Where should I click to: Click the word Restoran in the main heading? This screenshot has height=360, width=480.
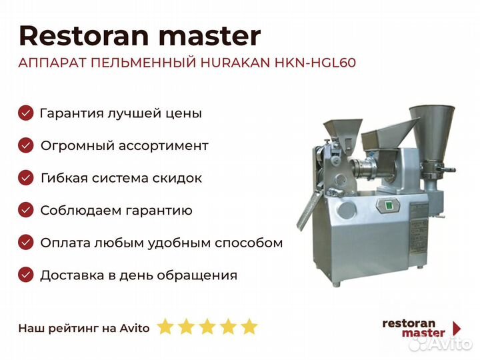83,36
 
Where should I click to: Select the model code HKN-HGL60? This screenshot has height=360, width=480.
315,63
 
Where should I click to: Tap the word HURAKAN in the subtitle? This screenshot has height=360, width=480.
235,63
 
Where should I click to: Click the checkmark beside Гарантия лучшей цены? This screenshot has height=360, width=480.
26,113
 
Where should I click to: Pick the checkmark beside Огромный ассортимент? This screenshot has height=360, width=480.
26,145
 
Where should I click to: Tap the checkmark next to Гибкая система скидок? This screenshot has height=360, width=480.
26,178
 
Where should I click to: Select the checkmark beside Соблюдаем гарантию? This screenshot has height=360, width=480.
26,210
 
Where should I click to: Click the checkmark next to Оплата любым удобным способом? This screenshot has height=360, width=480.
26,243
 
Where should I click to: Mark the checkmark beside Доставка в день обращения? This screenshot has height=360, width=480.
26,275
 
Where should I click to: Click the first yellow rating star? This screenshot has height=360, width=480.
165,327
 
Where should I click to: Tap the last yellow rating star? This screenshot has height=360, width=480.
249,327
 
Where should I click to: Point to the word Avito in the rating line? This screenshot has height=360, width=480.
135,328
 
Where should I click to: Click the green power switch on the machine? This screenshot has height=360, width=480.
389,205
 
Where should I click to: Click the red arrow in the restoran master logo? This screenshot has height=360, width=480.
457,329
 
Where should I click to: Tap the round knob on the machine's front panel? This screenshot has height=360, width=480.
347,210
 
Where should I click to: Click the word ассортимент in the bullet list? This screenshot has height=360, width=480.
163,146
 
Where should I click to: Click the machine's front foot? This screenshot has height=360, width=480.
337,284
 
